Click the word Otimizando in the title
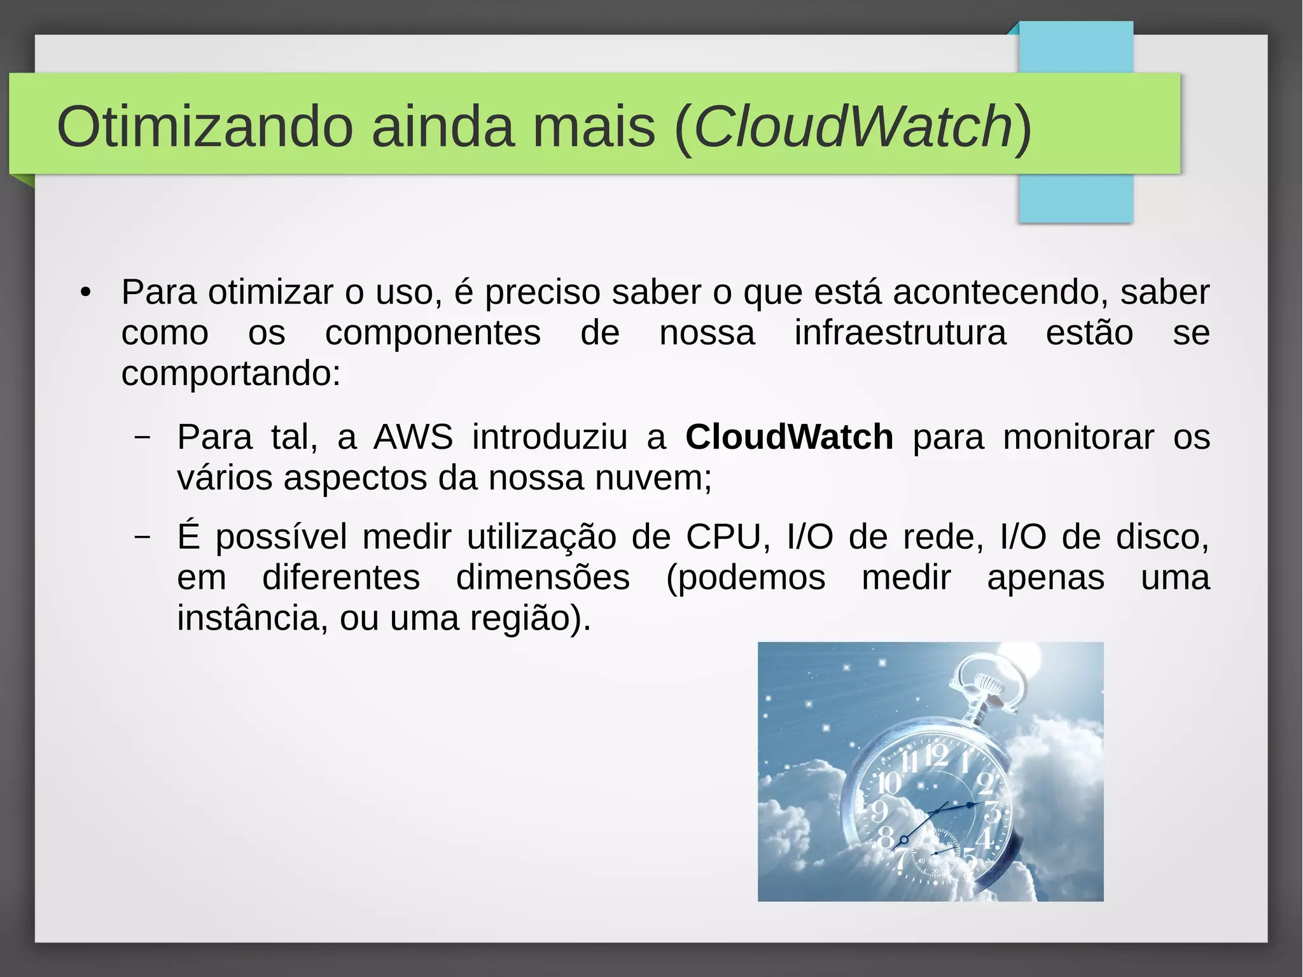point(204,126)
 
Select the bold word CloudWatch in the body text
point(789,437)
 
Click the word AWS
point(413,437)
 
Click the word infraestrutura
point(900,333)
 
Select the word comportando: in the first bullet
point(231,374)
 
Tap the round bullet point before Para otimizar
point(86,293)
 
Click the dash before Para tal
point(143,437)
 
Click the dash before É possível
point(143,537)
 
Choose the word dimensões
point(543,577)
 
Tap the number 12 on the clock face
point(936,756)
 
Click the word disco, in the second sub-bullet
point(1162,537)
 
